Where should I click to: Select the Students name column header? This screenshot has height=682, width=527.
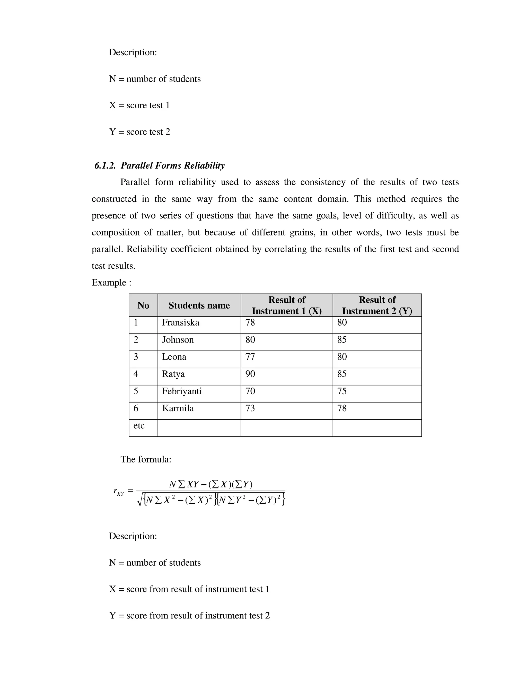[199, 305]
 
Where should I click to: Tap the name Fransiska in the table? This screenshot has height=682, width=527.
[180, 322]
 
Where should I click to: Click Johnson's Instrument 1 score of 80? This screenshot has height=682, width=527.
[250, 340]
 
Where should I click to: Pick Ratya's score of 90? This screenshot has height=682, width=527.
[250, 374]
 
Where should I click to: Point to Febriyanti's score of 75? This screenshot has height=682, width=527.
[342, 391]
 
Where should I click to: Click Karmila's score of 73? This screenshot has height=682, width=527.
[250, 408]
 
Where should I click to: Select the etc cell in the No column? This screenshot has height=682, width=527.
[139, 426]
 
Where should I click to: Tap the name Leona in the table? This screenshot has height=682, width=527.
[174, 357]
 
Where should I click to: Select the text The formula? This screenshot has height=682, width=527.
[146, 459]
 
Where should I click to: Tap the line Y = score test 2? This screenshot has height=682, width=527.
[139, 132]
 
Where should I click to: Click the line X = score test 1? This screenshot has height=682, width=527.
[139, 105]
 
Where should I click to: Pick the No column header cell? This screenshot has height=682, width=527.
[143, 305]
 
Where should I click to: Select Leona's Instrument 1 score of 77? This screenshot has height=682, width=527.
[250, 357]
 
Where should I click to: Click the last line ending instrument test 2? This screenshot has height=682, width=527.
[189, 616]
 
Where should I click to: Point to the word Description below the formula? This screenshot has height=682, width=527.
[133, 536]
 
